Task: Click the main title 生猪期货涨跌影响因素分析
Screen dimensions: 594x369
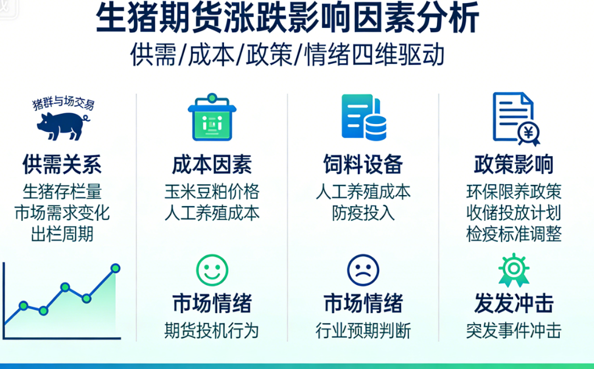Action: click(x=287, y=18)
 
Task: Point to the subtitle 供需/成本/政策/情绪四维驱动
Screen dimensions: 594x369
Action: click(x=287, y=55)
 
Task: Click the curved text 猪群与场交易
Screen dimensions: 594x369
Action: click(x=63, y=103)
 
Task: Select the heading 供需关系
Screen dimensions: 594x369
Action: click(x=62, y=164)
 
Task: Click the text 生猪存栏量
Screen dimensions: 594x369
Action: click(x=62, y=191)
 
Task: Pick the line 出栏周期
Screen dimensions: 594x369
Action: click(x=62, y=234)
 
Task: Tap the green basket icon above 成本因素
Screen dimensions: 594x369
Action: click(x=212, y=117)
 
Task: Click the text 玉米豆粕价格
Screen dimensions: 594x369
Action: click(x=212, y=191)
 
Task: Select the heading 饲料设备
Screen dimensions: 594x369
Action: click(x=363, y=164)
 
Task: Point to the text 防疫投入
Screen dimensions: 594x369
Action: click(x=363, y=213)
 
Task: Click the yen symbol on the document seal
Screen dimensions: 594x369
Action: click(x=528, y=133)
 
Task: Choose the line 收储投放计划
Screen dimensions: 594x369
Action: click(x=514, y=213)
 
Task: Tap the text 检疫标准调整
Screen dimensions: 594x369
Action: click(x=514, y=234)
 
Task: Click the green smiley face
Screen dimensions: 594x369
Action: click(x=212, y=271)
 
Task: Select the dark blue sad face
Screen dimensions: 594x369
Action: click(x=363, y=271)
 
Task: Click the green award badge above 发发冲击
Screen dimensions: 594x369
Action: click(x=514, y=270)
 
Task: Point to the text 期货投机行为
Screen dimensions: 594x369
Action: click(x=212, y=331)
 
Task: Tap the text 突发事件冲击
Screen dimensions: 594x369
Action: click(x=514, y=331)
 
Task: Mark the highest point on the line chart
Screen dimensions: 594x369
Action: click(x=116, y=268)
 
